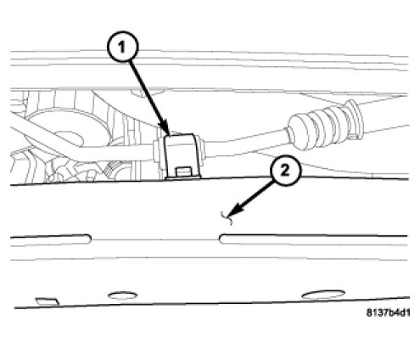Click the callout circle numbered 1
pos(122,47)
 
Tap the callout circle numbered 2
pos(285,171)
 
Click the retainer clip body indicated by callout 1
pos(181,155)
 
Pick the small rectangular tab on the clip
pos(182,172)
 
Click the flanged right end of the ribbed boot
pos(356,119)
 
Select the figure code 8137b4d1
pos(388,312)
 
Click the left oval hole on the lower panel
pos(123,295)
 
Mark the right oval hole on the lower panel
pos(323,295)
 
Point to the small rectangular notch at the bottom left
pos(48,301)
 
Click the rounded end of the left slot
pos(88,239)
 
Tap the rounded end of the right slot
pos(222,239)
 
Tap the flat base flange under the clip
pos(183,178)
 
